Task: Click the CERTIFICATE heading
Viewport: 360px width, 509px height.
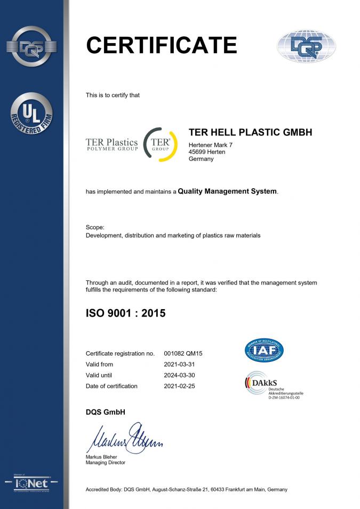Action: coord(161,45)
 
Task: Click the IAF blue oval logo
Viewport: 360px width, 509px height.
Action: coord(264,350)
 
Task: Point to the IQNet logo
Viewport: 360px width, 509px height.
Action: coord(32,484)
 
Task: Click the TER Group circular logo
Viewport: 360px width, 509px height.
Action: coord(161,144)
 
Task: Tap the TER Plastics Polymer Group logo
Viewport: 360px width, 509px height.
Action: coord(112,144)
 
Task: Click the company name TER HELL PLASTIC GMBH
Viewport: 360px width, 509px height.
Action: coord(251,132)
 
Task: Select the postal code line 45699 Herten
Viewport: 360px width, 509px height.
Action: coord(207,152)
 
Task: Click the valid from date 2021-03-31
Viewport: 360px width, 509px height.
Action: coord(179,365)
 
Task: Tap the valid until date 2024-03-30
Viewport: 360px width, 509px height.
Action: coord(179,375)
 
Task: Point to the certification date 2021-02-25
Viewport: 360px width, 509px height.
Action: coord(179,386)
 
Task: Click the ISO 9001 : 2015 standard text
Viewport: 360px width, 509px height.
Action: coord(126,313)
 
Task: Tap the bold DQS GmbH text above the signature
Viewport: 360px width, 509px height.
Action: coord(105,411)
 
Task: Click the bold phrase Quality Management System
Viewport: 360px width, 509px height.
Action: coord(227,191)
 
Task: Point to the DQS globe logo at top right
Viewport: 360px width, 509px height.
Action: coord(306,46)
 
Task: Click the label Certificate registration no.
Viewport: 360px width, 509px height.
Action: coord(120,353)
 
